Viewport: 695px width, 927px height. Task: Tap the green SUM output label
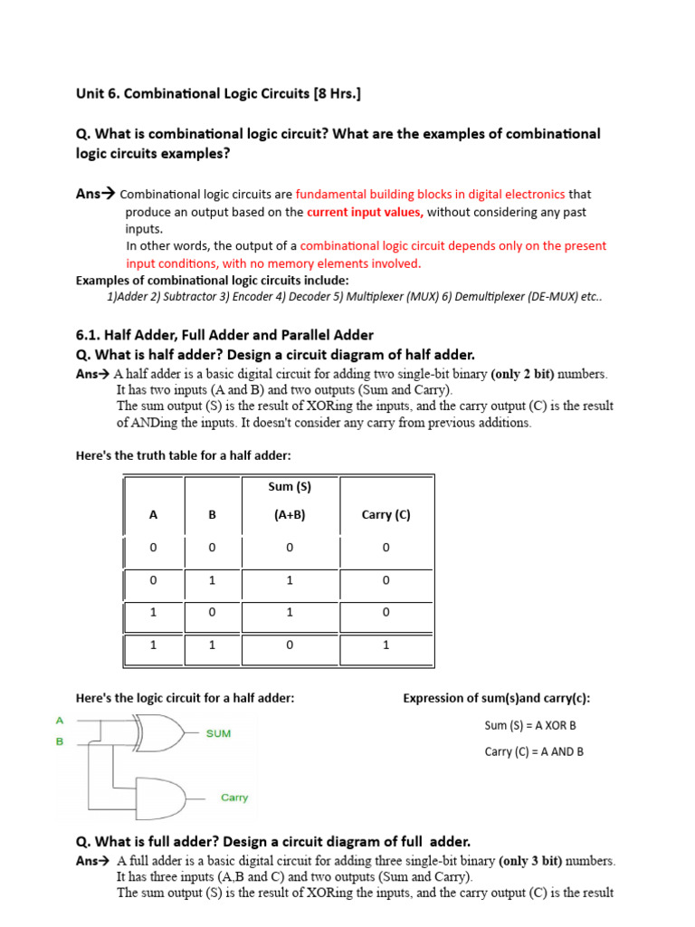pyautogui.click(x=218, y=733)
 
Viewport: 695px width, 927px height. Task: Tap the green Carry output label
pyautogui.click(x=233, y=798)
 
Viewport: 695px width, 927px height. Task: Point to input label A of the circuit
pyautogui.click(x=60, y=721)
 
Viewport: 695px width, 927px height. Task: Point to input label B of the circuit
pyautogui.click(x=60, y=742)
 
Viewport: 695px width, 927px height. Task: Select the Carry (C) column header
pyautogui.click(x=386, y=514)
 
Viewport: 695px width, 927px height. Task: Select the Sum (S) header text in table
pyautogui.click(x=290, y=486)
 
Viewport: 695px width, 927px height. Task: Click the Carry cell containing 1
pyautogui.click(x=386, y=645)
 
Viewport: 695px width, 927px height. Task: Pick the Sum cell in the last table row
pyautogui.click(x=290, y=645)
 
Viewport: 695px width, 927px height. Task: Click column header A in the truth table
pyautogui.click(x=153, y=514)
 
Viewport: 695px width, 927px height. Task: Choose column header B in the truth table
pyautogui.click(x=213, y=514)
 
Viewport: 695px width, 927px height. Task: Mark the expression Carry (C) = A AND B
pyautogui.click(x=534, y=751)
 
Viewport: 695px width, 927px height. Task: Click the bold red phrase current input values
pyautogui.click(x=365, y=212)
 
